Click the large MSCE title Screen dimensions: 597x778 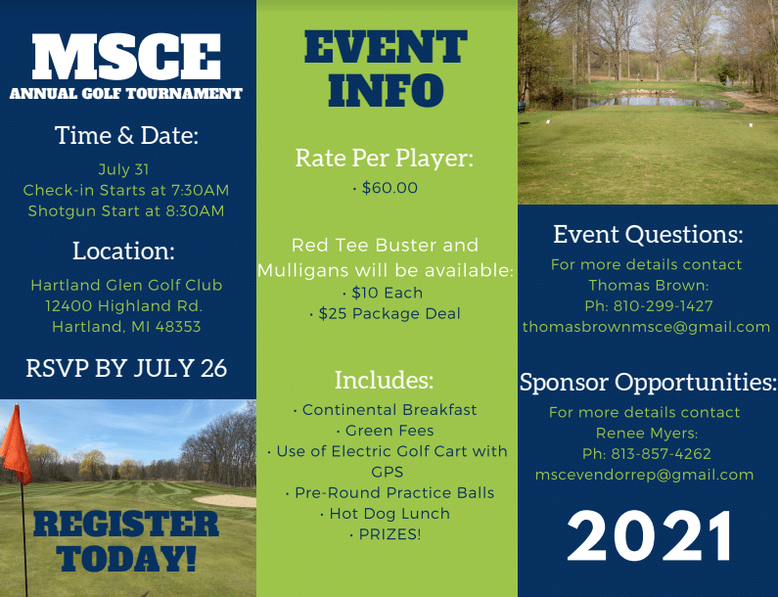point(126,58)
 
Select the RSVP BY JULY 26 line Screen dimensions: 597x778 point(126,368)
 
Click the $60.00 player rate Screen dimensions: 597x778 point(386,188)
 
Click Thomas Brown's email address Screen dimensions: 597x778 point(646,327)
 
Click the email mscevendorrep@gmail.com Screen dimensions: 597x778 point(645,475)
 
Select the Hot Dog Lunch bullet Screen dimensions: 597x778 point(386,514)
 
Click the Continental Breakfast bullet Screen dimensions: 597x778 point(386,410)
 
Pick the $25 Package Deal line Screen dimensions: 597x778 point(386,313)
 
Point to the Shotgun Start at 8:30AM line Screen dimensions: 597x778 point(126,210)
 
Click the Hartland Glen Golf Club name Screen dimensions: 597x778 point(126,285)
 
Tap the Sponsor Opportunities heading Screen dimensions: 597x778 point(648,382)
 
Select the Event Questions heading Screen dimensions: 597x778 point(648,235)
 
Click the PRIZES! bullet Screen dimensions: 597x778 point(386,534)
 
